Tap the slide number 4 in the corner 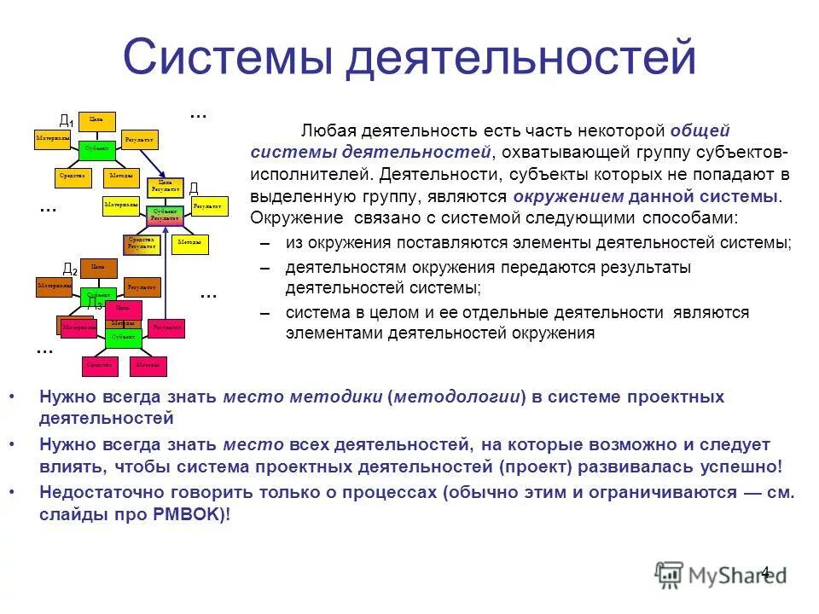[765, 572]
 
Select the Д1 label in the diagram [65, 122]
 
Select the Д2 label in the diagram [69, 270]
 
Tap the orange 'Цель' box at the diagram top [96, 120]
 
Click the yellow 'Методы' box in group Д [189, 243]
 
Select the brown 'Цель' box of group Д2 [98, 267]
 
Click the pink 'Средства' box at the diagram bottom [99, 366]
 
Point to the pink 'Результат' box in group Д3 [166, 327]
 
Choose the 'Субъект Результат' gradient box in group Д [164, 214]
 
